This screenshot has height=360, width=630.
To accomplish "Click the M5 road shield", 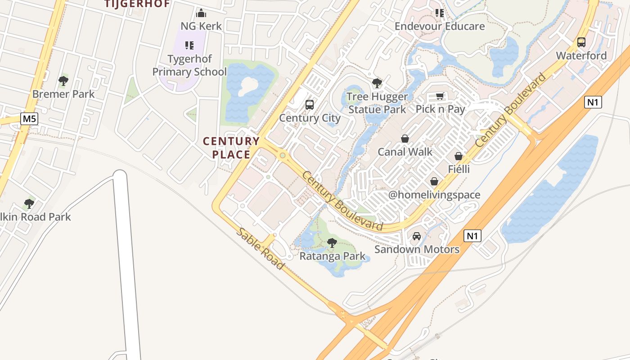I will pyautogui.click(x=29, y=119).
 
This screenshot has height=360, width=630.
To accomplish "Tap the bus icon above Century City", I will pyautogui.click(x=310, y=105).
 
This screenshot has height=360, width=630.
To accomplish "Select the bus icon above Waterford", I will pyautogui.click(x=581, y=43).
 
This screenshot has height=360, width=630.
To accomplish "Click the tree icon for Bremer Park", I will pyautogui.click(x=63, y=81).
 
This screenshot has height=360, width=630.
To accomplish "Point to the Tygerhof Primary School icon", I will pyautogui.click(x=189, y=45).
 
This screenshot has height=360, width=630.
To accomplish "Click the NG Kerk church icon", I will pyautogui.click(x=201, y=13).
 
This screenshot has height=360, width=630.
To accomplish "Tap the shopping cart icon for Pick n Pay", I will pyautogui.click(x=440, y=96).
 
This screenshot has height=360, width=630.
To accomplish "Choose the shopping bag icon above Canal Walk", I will pyautogui.click(x=405, y=139).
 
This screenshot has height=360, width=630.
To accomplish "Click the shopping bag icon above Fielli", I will pyautogui.click(x=459, y=156).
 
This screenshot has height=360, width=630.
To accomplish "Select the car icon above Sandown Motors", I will pyautogui.click(x=417, y=236).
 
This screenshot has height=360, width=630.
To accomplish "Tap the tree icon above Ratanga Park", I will pyautogui.click(x=332, y=243).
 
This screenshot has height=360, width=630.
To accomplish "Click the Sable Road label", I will pyautogui.click(x=261, y=248).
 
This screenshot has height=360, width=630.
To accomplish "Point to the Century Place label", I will pyautogui.click(x=231, y=148).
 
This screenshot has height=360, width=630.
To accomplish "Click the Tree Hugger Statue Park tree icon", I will pyautogui.click(x=377, y=83).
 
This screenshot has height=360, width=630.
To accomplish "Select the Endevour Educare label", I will pyautogui.click(x=440, y=26).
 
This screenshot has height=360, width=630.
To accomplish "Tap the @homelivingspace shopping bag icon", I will pyautogui.click(x=434, y=181).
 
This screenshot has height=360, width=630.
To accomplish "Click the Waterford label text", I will pyautogui.click(x=581, y=56).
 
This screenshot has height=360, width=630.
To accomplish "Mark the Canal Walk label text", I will pyautogui.click(x=405, y=152).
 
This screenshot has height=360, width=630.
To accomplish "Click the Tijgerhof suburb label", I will pyautogui.click(x=137, y=4).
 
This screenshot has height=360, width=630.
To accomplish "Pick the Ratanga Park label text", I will pyautogui.click(x=333, y=256).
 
